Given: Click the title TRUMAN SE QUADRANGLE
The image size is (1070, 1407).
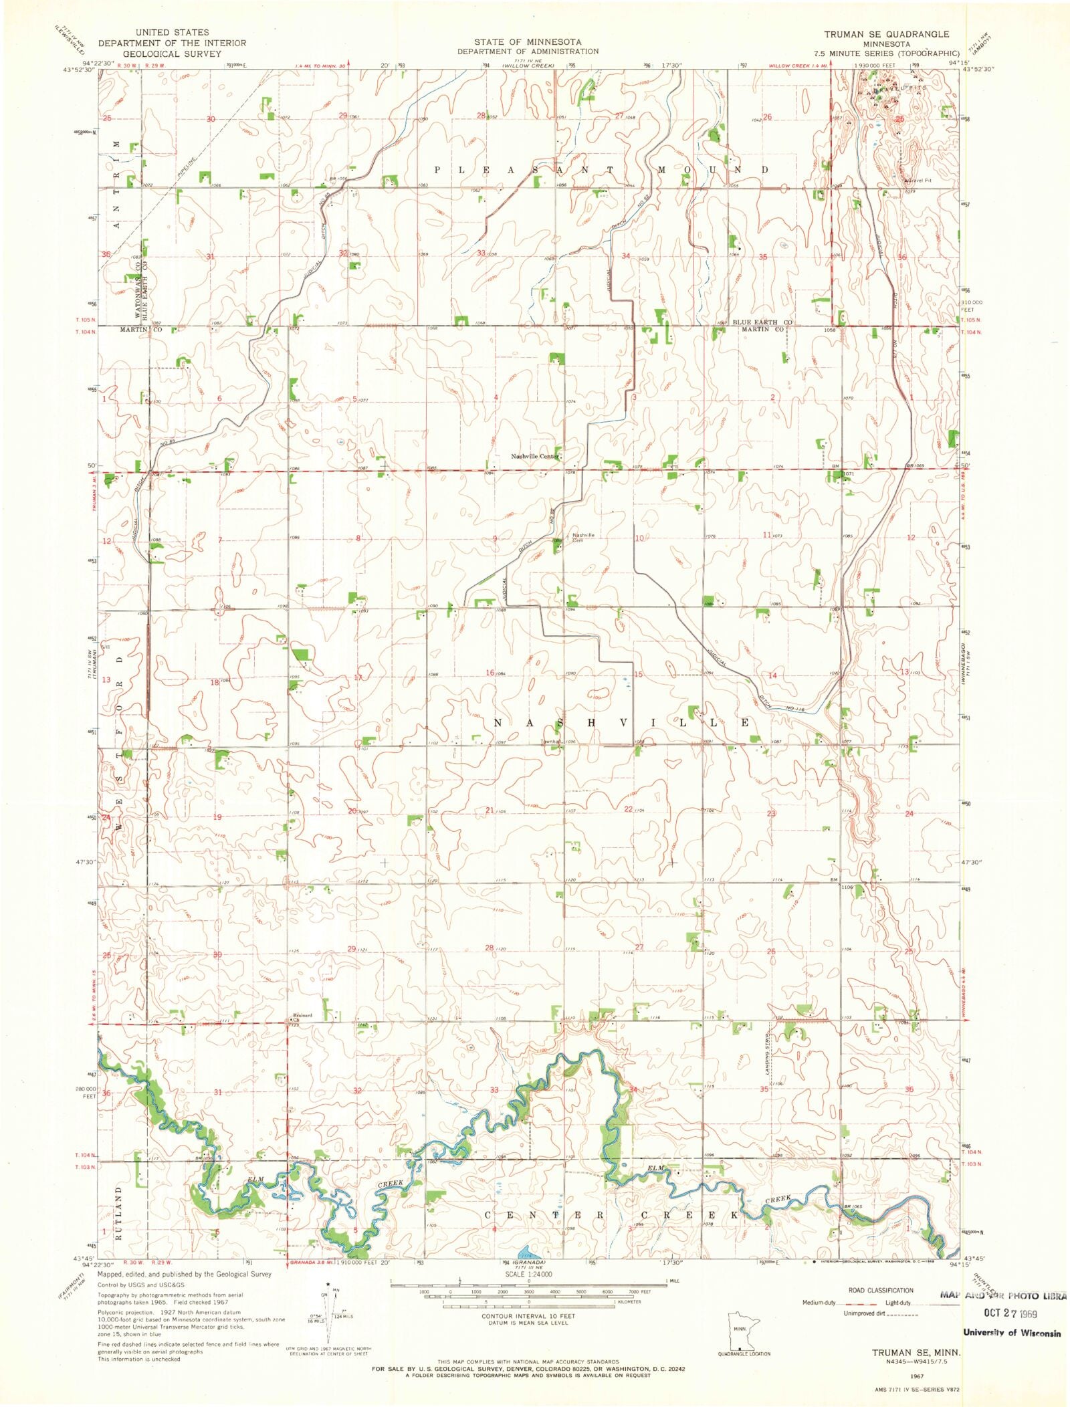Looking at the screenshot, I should pyautogui.click(x=886, y=34).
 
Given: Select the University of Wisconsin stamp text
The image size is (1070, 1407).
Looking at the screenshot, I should pyautogui.click(x=1011, y=1332).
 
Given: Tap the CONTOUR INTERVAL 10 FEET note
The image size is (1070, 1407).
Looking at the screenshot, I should pyautogui.click(x=528, y=1315).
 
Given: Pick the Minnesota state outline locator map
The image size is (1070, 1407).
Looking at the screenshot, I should pyautogui.click(x=741, y=1331).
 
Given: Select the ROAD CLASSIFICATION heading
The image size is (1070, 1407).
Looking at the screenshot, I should pyautogui.click(x=870, y=1289).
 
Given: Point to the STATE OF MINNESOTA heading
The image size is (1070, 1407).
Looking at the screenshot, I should pyautogui.click(x=528, y=41).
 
